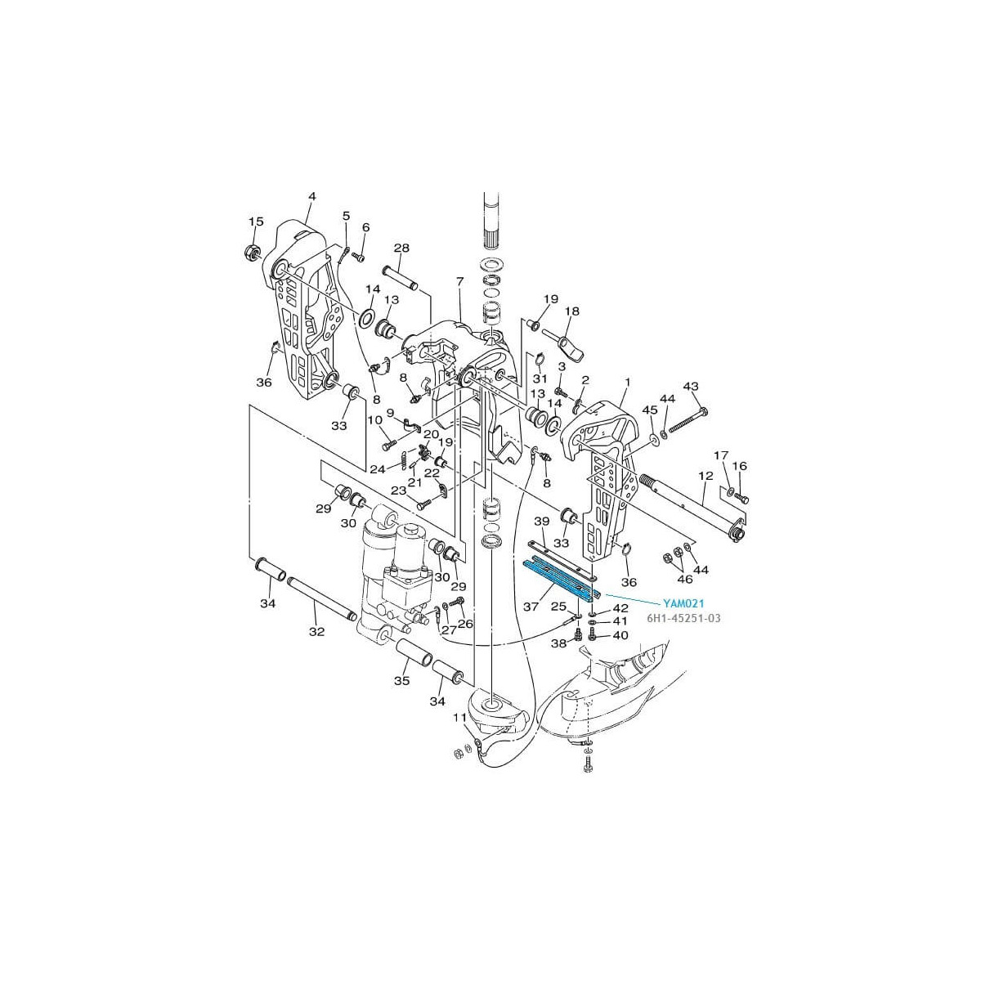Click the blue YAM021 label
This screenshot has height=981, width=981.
coord(683,604)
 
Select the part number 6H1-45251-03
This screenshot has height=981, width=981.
coord(683,619)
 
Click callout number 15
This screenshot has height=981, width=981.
coord(256,222)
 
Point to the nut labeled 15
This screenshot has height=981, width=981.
coord(253,252)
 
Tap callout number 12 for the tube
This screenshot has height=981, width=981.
coord(706,477)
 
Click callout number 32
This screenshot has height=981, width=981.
coord(316,632)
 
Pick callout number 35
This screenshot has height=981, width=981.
coord(402,681)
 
